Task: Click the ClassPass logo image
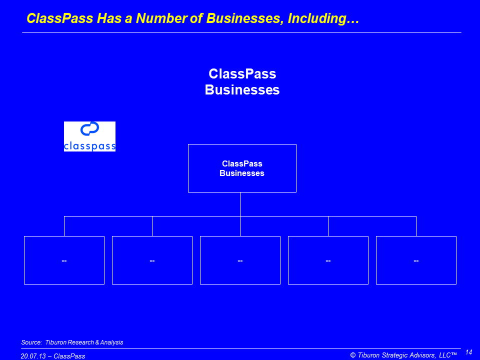pos(89,136)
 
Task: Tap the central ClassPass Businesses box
pos(242,168)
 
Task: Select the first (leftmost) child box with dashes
pos(64,260)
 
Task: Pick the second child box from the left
pos(152,260)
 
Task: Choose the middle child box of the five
pos(240,260)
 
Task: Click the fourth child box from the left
pos(328,260)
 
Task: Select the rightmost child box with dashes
pos(416,260)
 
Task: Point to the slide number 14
pos(468,352)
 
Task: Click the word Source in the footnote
pos(31,342)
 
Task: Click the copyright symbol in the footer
pos(353,355)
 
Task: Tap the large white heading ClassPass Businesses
pos(242,81)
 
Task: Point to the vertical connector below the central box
pos(240,204)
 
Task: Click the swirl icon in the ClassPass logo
pos(89,129)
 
